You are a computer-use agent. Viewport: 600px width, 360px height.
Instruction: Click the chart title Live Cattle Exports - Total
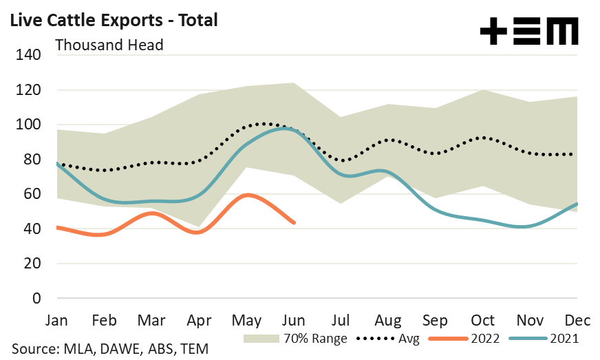coord(114,20)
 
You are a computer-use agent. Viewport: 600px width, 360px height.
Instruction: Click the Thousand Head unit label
coord(109,45)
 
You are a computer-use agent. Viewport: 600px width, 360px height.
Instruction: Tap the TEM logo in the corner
coord(528,32)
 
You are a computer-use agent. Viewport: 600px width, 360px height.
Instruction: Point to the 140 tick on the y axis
coord(33,55)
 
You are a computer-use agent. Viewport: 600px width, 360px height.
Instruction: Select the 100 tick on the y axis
coord(33,125)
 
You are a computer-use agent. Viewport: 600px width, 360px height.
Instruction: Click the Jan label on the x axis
coord(56,321)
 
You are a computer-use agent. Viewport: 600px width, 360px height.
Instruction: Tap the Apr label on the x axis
coord(199,321)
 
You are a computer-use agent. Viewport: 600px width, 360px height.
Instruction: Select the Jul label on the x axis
coord(342,321)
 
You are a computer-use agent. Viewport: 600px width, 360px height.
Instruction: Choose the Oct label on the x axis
coord(484,321)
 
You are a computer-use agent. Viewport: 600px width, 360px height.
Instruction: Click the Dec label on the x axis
coord(577,321)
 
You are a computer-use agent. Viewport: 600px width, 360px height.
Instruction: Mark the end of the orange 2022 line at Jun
coord(294,222)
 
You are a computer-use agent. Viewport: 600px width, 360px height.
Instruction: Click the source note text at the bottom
coord(109,349)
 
